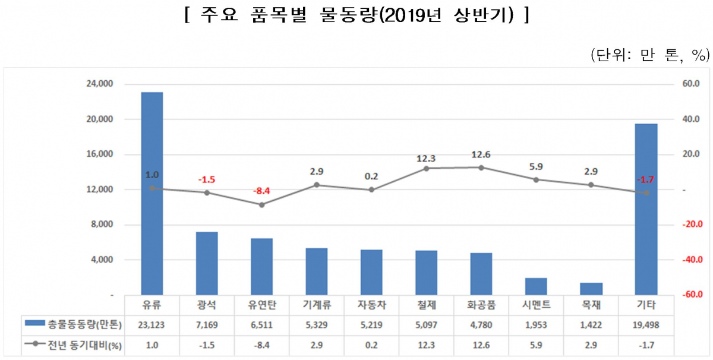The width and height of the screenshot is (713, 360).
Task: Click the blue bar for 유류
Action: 152,193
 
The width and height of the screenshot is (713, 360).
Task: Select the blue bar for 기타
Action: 646,209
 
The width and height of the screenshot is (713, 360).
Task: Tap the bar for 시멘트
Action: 536,286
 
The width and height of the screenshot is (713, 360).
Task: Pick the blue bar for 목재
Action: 591,289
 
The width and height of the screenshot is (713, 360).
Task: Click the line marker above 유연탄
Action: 261,204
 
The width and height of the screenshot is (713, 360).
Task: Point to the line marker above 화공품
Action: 481,168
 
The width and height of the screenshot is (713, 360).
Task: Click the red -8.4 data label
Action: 261,191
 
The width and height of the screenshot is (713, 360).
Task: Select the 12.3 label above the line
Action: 426,159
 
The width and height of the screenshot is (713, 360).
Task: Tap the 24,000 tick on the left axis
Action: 100,84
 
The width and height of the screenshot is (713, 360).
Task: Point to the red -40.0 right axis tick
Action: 689,260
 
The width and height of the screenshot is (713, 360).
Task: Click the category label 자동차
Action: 371,305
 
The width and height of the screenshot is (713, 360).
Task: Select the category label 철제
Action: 426,305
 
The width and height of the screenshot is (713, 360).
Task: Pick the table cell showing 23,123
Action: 152,324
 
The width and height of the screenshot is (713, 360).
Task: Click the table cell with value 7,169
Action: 207,324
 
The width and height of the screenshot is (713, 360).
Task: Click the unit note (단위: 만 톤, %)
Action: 650,55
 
